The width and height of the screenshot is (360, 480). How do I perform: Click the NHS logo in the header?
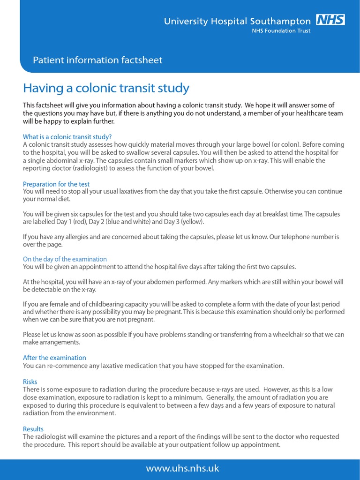click(330, 20)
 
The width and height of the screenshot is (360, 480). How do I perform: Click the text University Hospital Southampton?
click(237, 21)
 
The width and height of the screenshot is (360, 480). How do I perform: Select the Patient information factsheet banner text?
click(97, 60)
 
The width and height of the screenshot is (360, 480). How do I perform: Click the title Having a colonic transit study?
click(106, 88)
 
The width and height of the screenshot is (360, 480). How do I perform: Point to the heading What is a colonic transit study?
click(67, 137)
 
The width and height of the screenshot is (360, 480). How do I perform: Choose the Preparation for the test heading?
click(56, 184)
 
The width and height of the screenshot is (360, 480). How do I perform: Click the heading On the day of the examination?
click(65, 259)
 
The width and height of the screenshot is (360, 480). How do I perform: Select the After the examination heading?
click(54, 358)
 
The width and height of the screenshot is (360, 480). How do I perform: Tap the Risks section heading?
click(30, 382)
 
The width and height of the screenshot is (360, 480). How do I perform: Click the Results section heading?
click(33, 429)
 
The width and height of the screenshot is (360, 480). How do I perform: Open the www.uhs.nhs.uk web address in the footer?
click(182, 468)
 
